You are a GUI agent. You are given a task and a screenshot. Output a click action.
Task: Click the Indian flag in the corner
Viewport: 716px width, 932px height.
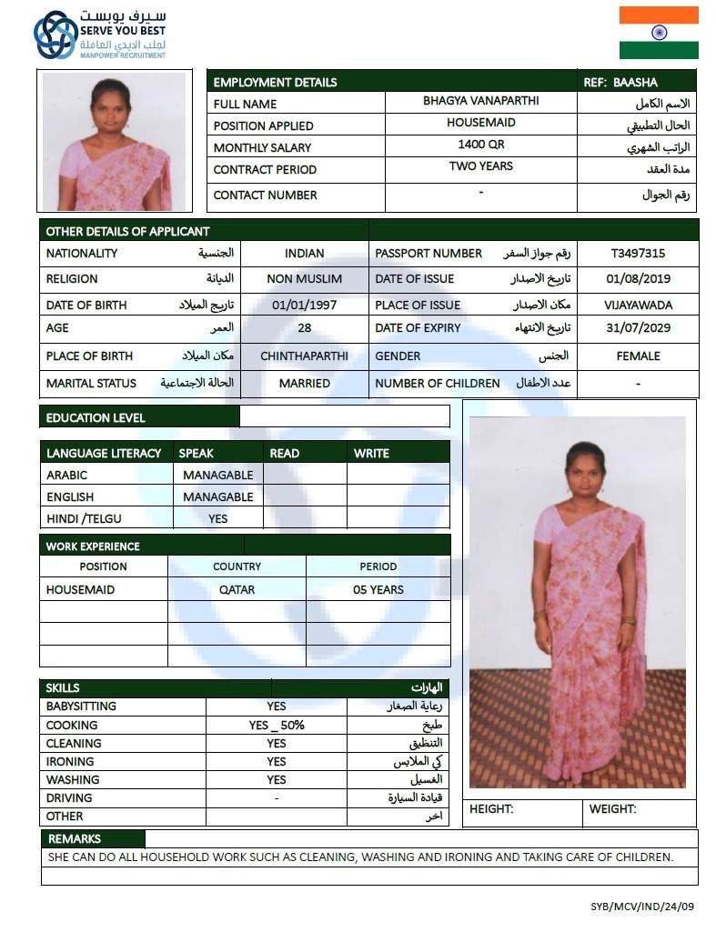point(659,33)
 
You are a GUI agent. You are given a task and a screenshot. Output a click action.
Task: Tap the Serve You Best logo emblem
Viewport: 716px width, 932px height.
point(55,35)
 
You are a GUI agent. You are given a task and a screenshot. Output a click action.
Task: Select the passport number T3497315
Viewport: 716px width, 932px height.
point(638,254)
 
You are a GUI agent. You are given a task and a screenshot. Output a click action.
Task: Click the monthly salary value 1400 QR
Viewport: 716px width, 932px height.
point(480,145)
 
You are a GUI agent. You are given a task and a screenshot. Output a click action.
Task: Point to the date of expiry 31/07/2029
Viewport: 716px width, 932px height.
point(638,328)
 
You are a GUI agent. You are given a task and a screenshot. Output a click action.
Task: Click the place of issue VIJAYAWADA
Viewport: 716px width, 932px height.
point(638,306)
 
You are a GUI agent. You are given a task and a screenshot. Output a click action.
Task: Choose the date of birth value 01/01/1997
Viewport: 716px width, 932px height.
point(304,306)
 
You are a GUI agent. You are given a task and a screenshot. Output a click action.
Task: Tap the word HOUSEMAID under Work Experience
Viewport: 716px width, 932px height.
point(80,589)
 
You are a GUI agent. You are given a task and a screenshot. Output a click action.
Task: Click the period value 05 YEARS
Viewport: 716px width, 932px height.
point(378,589)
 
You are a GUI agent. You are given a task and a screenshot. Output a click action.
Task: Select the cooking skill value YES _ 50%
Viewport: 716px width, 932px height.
point(277,726)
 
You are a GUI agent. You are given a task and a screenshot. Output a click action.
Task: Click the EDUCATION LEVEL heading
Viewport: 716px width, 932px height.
point(96,418)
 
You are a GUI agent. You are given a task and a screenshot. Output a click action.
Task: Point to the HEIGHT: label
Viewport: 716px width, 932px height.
point(491,809)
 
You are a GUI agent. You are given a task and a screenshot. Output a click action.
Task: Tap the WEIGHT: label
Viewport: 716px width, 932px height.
point(612,809)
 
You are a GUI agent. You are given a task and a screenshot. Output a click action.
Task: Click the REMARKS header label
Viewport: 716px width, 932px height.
point(75,838)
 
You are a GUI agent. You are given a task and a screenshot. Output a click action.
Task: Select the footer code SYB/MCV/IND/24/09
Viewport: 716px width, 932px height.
point(642,907)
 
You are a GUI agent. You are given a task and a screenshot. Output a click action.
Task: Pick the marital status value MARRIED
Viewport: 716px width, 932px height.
point(304,384)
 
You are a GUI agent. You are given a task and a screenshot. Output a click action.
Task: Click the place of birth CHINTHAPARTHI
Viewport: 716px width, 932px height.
point(304,356)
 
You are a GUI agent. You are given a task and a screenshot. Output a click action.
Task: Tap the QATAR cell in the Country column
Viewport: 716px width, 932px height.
point(237,589)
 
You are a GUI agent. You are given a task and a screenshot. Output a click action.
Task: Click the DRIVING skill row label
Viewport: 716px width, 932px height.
point(69,798)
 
